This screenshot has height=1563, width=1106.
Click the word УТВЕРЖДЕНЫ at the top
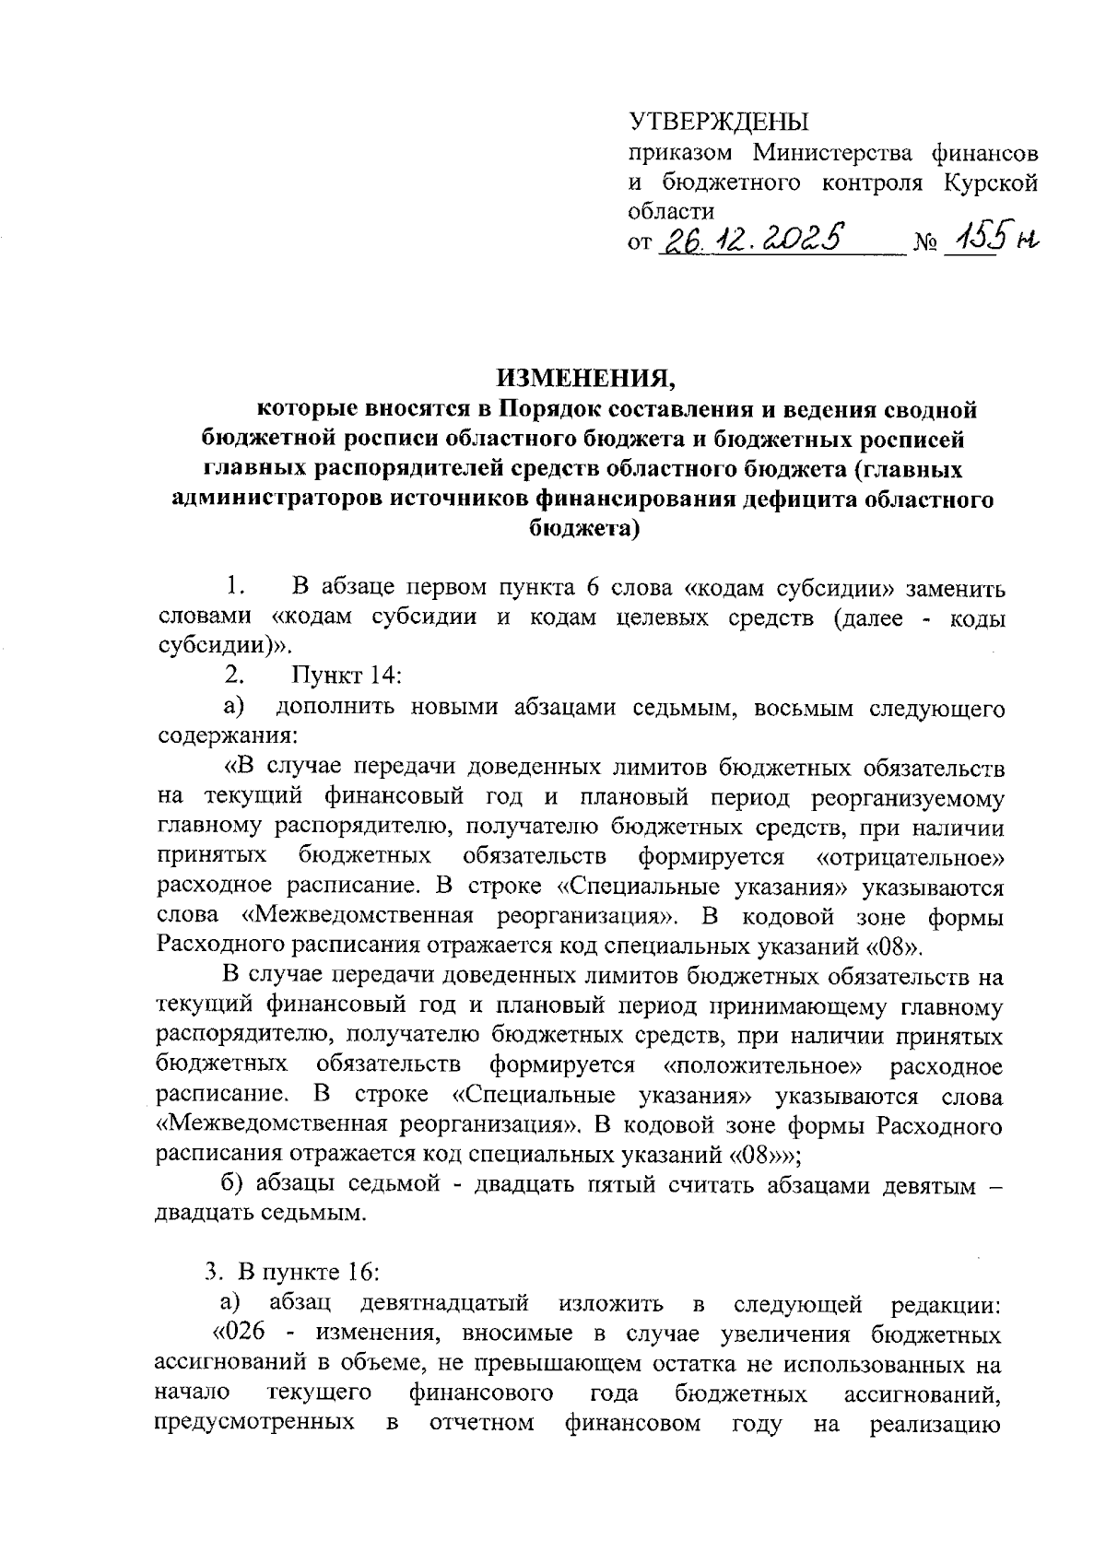(x=716, y=122)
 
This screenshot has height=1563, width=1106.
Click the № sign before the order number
(x=925, y=244)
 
